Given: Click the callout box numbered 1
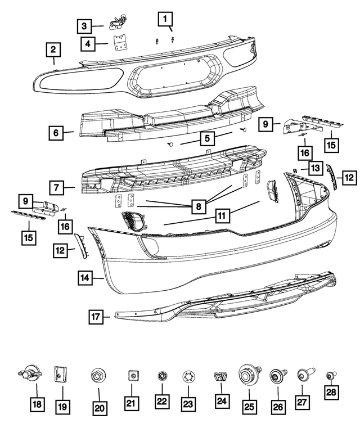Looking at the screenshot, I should click(x=165, y=20).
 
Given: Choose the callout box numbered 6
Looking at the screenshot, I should click(x=56, y=133).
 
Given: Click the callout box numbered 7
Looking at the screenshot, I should click(x=56, y=187).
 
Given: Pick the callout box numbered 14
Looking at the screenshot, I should click(x=85, y=277).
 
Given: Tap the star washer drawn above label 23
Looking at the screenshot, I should click(x=188, y=375).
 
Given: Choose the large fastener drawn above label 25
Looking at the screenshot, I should click(x=248, y=374).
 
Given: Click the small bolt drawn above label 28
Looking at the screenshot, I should click(x=330, y=373).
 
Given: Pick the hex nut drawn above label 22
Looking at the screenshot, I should click(x=162, y=374).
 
